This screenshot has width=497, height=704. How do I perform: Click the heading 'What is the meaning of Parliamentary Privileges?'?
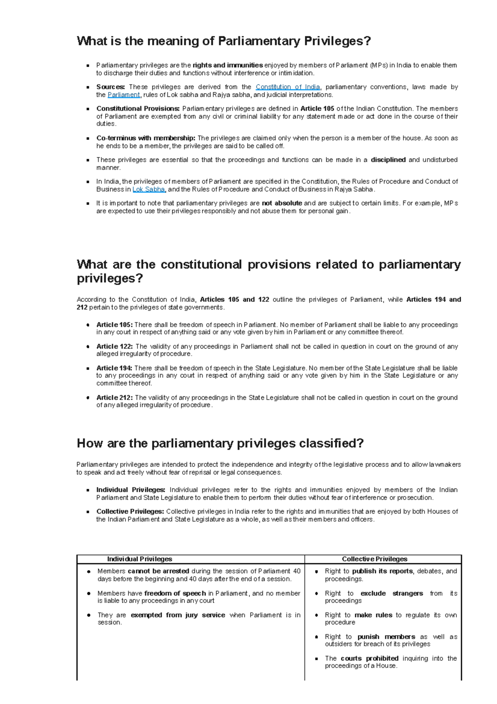[224, 41]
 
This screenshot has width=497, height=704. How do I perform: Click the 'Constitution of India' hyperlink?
[287, 87]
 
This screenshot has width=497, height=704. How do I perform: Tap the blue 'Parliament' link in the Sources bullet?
[123, 95]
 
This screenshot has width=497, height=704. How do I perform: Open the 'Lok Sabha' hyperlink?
[149, 189]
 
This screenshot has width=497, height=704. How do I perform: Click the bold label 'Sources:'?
[111, 87]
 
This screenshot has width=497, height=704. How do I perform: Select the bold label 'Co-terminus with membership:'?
[146, 138]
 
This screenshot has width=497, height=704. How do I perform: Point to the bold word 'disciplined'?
[388, 160]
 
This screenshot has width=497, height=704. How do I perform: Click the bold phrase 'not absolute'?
[282, 203]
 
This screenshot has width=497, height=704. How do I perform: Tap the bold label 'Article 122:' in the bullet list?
[114, 347]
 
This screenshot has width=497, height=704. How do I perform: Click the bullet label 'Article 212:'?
[114, 398]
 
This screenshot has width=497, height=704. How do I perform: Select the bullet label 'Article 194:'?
[114, 368]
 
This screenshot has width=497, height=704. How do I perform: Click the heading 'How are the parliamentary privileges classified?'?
[220, 443]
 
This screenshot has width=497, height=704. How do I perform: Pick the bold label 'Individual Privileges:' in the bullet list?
[131, 490]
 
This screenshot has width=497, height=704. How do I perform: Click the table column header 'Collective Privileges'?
[374, 559]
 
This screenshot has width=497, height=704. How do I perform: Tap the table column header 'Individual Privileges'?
[140, 559]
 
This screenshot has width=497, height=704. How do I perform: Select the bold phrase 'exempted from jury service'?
[178, 615]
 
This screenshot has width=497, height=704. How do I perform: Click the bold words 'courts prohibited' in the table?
[369, 658]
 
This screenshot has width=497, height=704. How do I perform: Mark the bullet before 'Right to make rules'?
[316, 616]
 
